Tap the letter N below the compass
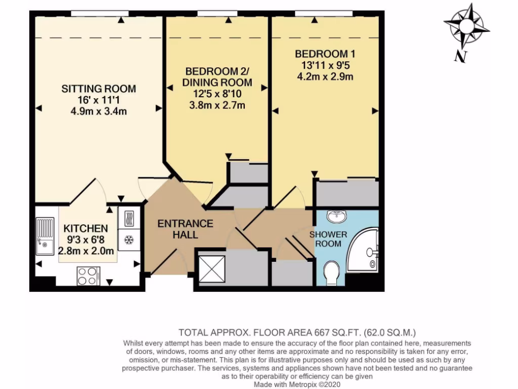coord(459,56)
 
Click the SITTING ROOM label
coord(99,89)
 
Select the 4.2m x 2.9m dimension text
coord(324,76)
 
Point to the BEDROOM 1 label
coord(322,54)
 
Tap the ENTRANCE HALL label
coord(185,229)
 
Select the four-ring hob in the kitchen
coord(88,276)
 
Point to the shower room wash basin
coord(337,217)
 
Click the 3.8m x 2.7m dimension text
coord(218,105)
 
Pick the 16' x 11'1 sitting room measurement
coord(99,100)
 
